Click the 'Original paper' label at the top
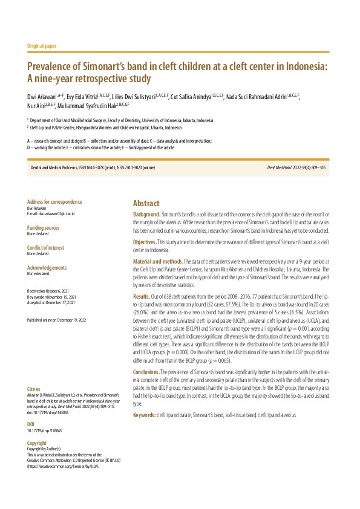(42, 46)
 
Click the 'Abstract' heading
(146, 204)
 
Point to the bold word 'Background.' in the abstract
(146, 215)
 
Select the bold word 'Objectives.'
(145, 242)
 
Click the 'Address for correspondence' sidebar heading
(55, 202)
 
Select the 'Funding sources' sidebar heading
(44, 228)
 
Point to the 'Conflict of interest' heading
(47, 248)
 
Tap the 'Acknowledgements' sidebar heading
(47, 267)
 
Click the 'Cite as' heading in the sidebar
(34, 355)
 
